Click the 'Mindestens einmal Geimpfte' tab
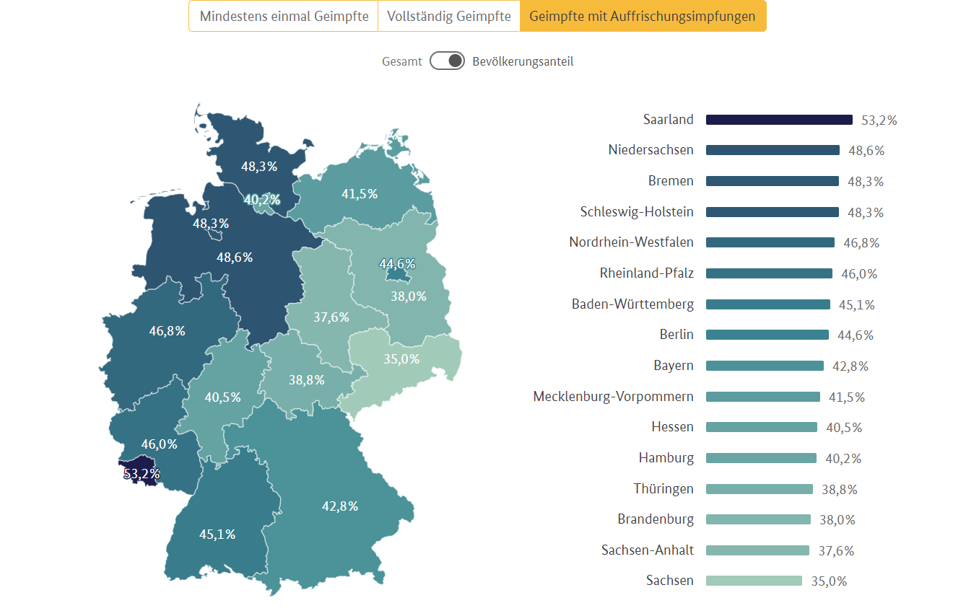pos(284,16)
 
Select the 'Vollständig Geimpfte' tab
pos(449,16)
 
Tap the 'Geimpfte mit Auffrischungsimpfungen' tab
pos(643,16)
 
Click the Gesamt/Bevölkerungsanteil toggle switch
pos(447,61)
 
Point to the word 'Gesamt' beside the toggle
pos(402,62)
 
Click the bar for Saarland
pos(779,120)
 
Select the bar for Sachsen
pos(754,581)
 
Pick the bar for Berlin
pos(767,335)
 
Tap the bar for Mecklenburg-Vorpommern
pos(762,397)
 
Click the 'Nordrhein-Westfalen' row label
pos(631,242)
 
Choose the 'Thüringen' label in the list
pos(663,489)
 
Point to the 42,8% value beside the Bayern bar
pos(850,366)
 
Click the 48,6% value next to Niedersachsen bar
pos(866,151)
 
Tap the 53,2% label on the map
pos(142,474)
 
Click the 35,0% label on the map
pos(401,358)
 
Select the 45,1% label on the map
pos(217,534)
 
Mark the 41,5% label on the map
pos(360,193)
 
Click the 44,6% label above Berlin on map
pos(397,264)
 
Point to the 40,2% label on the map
pos(262,200)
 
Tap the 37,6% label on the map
pos(331,317)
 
